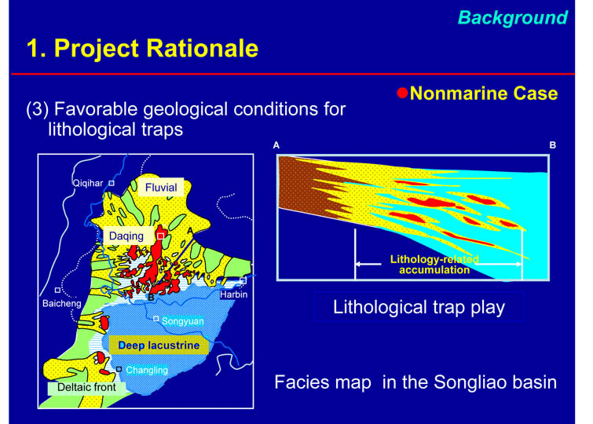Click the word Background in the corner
pyautogui.click(x=513, y=18)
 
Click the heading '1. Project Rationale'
pyautogui.click(x=143, y=48)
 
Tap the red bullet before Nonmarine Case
pyautogui.click(x=402, y=93)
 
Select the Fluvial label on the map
pyautogui.click(x=161, y=187)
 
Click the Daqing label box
pyautogui.click(x=126, y=236)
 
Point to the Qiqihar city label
pyautogui.click(x=88, y=183)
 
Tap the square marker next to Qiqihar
pyautogui.click(x=112, y=183)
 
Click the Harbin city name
pyautogui.click(x=234, y=294)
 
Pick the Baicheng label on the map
pyautogui.click(x=61, y=303)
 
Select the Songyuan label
pyautogui.click(x=183, y=321)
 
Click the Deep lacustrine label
pyautogui.click(x=159, y=345)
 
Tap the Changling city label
pyautogui.click(x=147, y=370)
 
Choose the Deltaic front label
pyautogui.click(x=86, y=387)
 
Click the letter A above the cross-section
pyautogui.click(x=276, y=145)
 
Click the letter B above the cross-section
pyautogui.click(x=552, y=145)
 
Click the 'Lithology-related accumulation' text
pyautogui.click(x=434, y=265)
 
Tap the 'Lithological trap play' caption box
pyautogui.click(x=419, y=307)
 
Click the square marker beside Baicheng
pyautogui.click(x=57, y=290)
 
